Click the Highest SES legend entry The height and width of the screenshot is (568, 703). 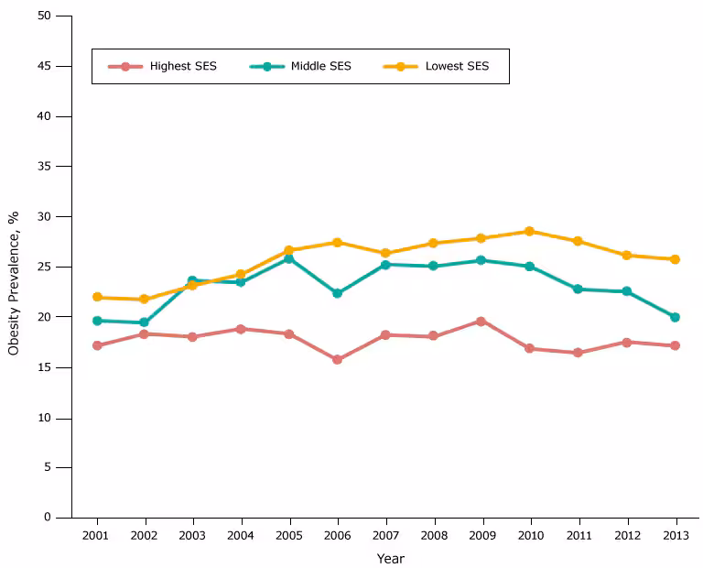[x=163, y=66]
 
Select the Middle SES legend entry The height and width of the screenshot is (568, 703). [x=300, y=66]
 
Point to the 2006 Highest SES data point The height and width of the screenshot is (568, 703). [x=337, y=359]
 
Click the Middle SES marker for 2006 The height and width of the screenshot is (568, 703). [x=337, y=293]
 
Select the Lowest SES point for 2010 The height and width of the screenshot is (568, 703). [x=529, y=231]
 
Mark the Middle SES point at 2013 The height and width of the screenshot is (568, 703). [x=675, y=317]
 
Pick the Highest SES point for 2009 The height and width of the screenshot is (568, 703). [x=481, y=321]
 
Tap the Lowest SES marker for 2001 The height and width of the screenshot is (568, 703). [x=97, y=297]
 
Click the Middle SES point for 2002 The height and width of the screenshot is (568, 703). [x=144, y=322]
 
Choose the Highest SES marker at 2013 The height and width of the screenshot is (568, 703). [x=675, y=345]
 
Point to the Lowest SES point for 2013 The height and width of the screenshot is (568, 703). [x=675, y=259]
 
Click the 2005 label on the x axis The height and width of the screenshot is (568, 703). [x=289, y=535]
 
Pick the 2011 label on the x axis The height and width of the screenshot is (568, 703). [x=578, y=535]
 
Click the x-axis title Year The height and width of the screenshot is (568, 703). [x=390, y=558]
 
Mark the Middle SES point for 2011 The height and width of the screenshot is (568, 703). [x=578, y=289]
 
